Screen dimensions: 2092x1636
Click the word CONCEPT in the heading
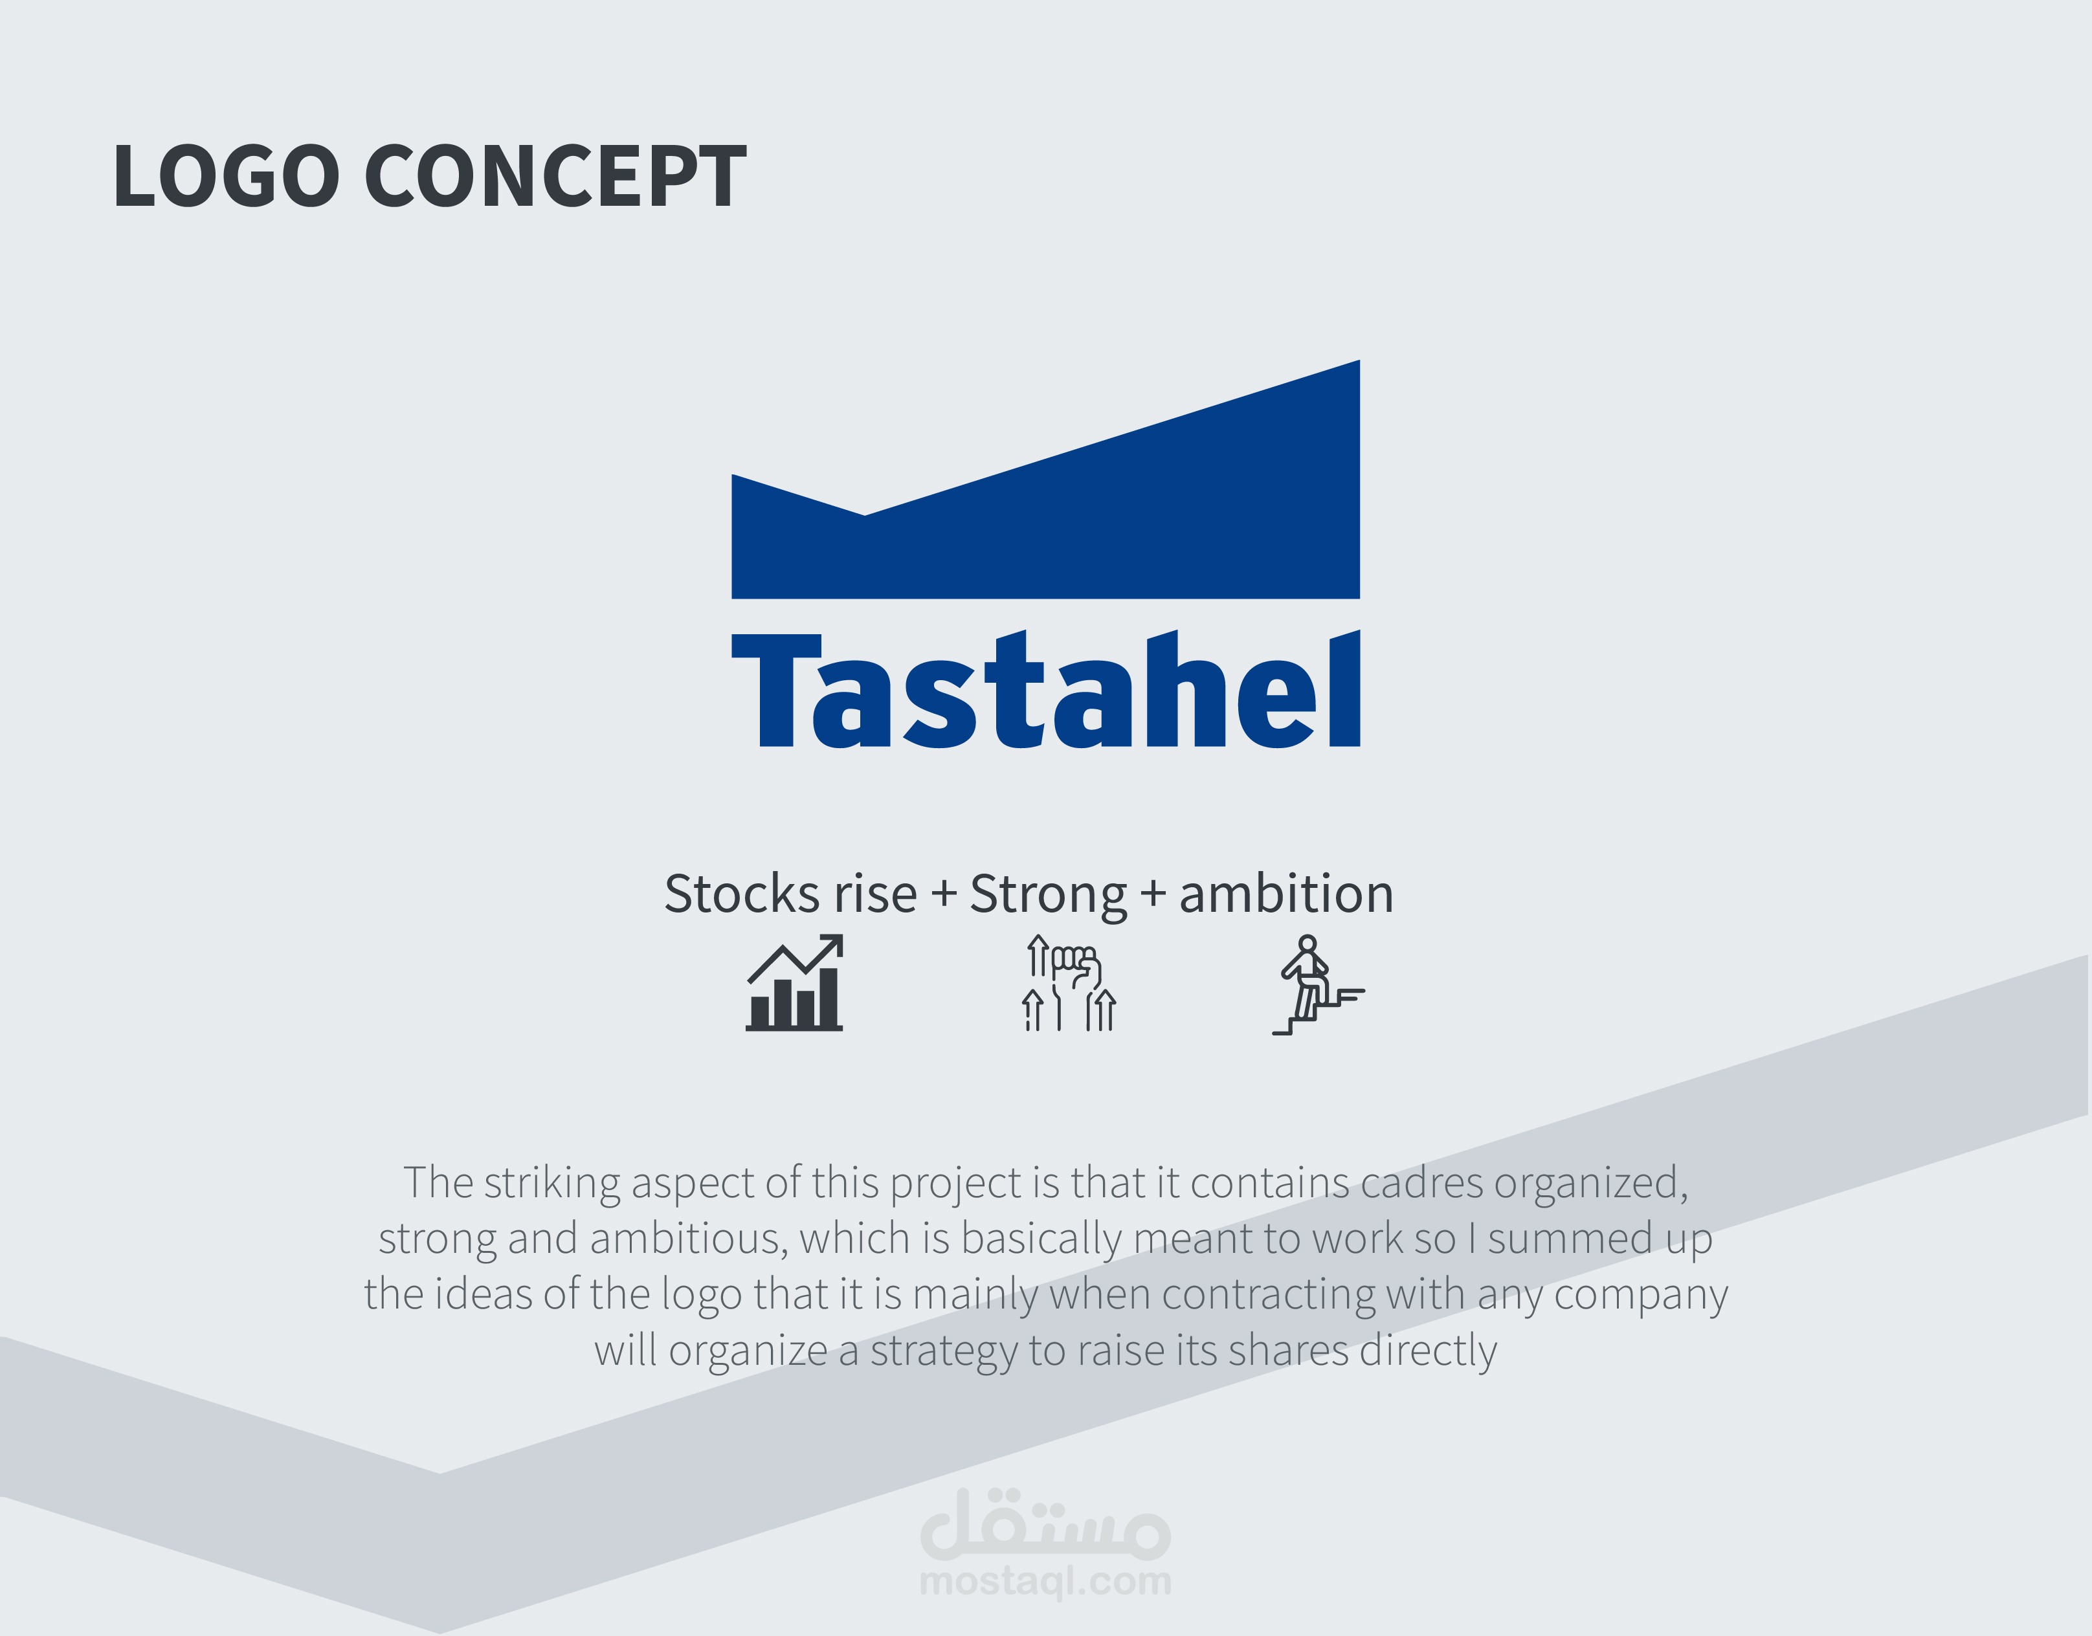[555, 175]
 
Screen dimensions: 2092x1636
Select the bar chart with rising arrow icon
[794, 984]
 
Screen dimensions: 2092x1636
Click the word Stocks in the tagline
[743, 894]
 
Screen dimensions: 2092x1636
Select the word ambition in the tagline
[1286, 894]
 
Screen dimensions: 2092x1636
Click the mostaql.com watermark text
[1046, 1582]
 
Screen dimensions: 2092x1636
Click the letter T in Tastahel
[777, 691]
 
